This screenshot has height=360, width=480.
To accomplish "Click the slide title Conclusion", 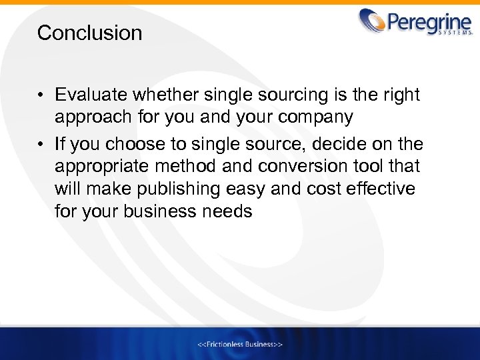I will pos(89,33).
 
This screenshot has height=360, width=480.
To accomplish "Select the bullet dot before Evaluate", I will pos(41,96).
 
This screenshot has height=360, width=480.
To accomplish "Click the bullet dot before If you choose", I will pos(41,143).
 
